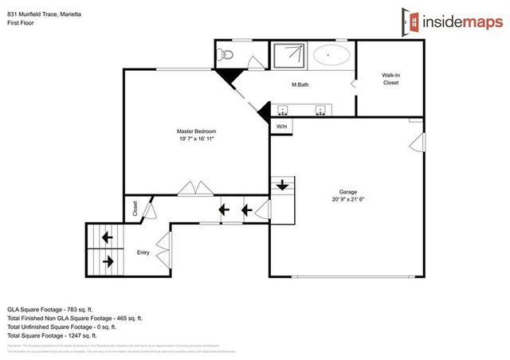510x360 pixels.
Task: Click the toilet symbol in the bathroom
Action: (226, 56)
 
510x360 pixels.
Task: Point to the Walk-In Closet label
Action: (390, 78)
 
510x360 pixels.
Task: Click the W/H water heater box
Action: (281, 127)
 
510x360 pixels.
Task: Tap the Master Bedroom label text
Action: (196, 131)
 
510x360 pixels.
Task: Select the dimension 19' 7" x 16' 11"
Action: (196, 139)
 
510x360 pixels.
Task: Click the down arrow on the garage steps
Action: (281, 186)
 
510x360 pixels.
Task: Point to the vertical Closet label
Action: (135, 209)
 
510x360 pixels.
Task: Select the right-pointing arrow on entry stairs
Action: (106, 260)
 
